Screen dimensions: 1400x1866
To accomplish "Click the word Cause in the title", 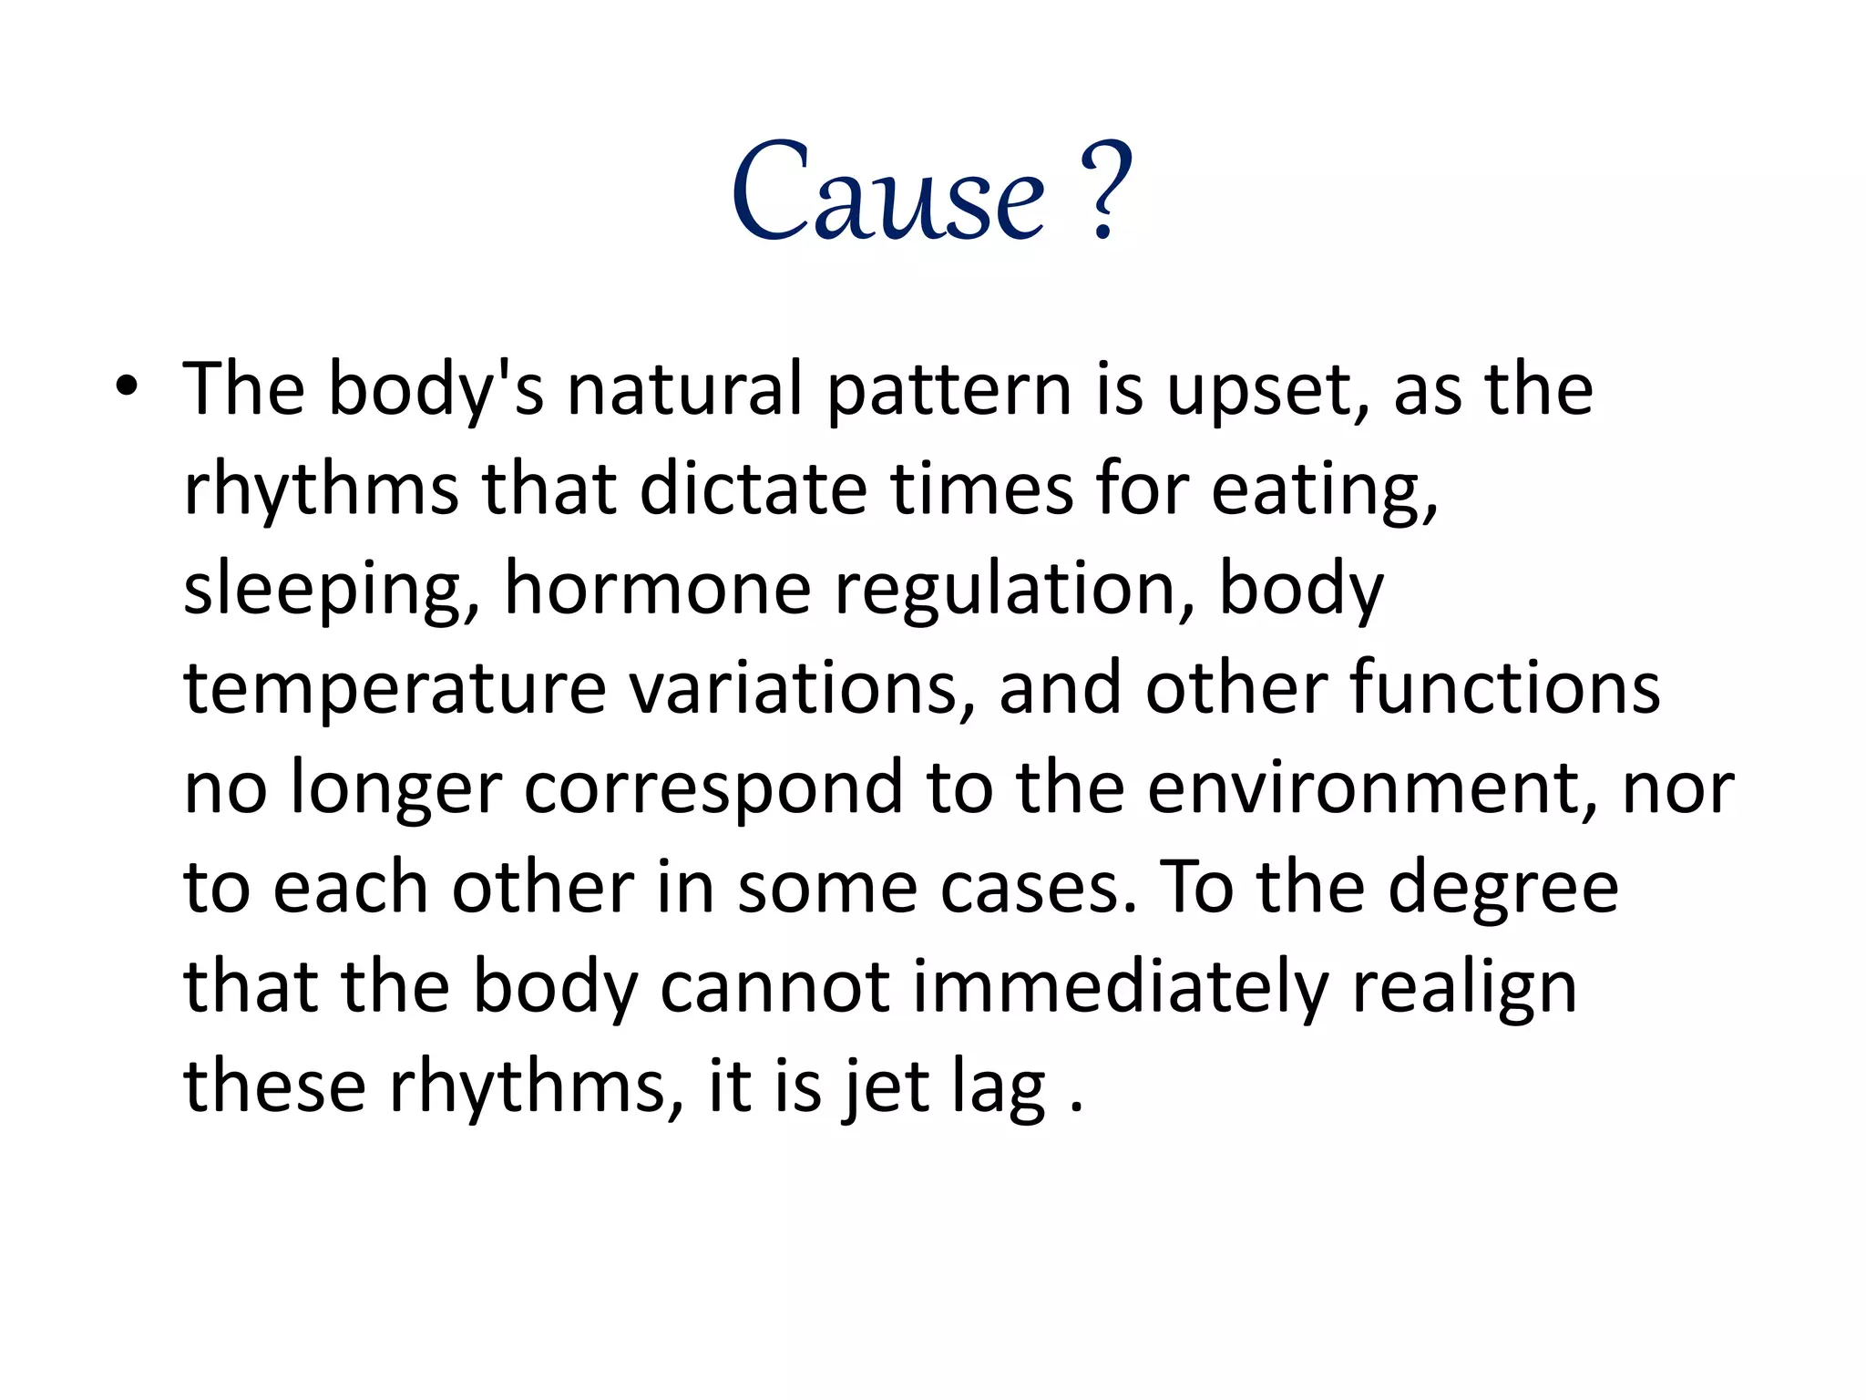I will [x=888, y=193].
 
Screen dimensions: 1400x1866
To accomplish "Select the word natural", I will [x=684, y=389].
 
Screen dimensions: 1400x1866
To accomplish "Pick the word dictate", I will [x=753, y=489].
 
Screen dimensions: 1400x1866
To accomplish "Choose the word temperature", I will [x=395, y=690].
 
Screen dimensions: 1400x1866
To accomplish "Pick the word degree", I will [x=1502, y=890].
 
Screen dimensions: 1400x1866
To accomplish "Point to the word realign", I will [x=1464, y=990].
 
